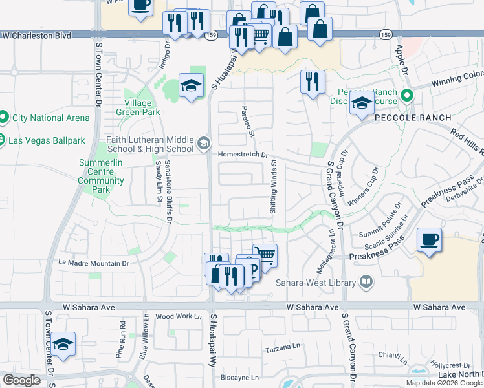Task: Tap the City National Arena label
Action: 47,118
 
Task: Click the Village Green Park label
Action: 138,107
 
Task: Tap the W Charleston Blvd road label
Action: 36,36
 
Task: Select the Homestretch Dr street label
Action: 243,155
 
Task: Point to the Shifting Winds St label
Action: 273,188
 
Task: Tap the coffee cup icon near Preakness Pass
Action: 429,240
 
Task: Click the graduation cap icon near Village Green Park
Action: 190,85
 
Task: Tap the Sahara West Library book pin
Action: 366,282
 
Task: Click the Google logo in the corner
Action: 21,380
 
